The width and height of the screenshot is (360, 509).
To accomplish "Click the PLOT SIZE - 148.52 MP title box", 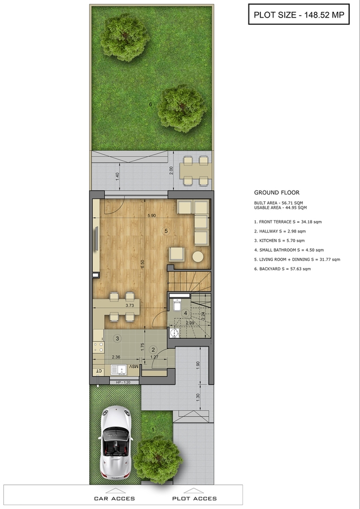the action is pyautogui.click(x=299, y=14).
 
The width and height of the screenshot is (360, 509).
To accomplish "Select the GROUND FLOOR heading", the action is pyautogui.click(x=277, y=192).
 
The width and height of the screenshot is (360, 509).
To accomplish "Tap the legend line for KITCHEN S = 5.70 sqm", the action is pyautogui.click(x=280, y=240).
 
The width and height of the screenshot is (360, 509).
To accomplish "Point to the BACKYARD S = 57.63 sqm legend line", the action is pyautogui.click(x=282, y=269).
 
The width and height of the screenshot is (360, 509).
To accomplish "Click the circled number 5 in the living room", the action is pyautogui.click(x=166, y=231).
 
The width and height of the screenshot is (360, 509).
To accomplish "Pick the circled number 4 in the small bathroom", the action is pyautogui.click(x=186, y=313).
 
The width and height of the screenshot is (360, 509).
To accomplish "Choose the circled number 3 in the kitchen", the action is pyautogui.click(x=117, y=338).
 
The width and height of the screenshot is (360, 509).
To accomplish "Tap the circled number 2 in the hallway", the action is pyautogui.click(x=153, y=350).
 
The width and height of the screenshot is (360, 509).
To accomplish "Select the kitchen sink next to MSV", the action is pyautogui.click(x=118, y=369).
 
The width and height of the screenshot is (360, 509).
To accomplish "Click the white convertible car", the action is pyautogui.click(x=115, y=442).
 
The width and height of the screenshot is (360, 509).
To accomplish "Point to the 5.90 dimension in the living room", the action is pyautogui.click(x=151, y=215).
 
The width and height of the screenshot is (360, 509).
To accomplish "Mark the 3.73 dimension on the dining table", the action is pyautogui.click(x=130, y=305).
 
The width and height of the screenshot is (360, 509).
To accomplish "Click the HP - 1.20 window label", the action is pyautogui.click(x=123, y=382).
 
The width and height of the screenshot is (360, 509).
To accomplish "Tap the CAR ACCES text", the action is pyautogui.click(x=114, y=499).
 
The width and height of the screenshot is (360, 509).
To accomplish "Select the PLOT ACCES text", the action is pyautogui.click(x=194, y=499).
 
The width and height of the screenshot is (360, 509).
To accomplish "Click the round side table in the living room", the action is pyautogui.click(x=198, y=256).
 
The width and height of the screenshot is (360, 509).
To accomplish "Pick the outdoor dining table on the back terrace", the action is pyautogui.click(x=196, y=171).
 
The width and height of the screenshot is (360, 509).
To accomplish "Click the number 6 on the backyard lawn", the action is pyautogui.click(x=151, y=105).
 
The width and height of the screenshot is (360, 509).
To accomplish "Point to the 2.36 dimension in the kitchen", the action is pyautogui.click(x=116, y=357).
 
